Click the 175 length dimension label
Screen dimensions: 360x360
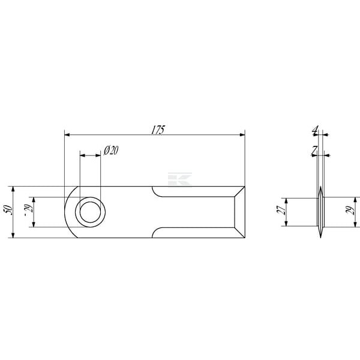[158, 130]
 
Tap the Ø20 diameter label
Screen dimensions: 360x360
[111, 151]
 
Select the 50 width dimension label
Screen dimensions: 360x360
[8, 210]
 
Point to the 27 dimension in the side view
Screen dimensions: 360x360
[281, 210]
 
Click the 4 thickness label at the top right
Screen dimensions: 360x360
[316, 131]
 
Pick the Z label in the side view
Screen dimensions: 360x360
[314, 151]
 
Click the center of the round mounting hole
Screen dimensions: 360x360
[90, 212]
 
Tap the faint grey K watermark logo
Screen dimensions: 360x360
[180, 179]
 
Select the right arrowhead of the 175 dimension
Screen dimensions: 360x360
[242, 134]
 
